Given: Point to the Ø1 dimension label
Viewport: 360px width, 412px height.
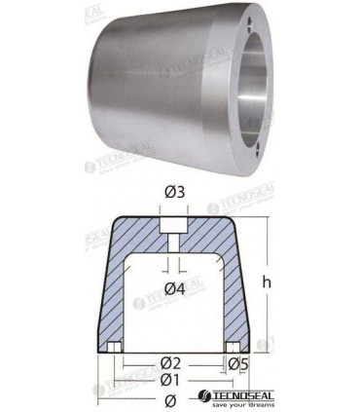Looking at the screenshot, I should click(171, 380).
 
